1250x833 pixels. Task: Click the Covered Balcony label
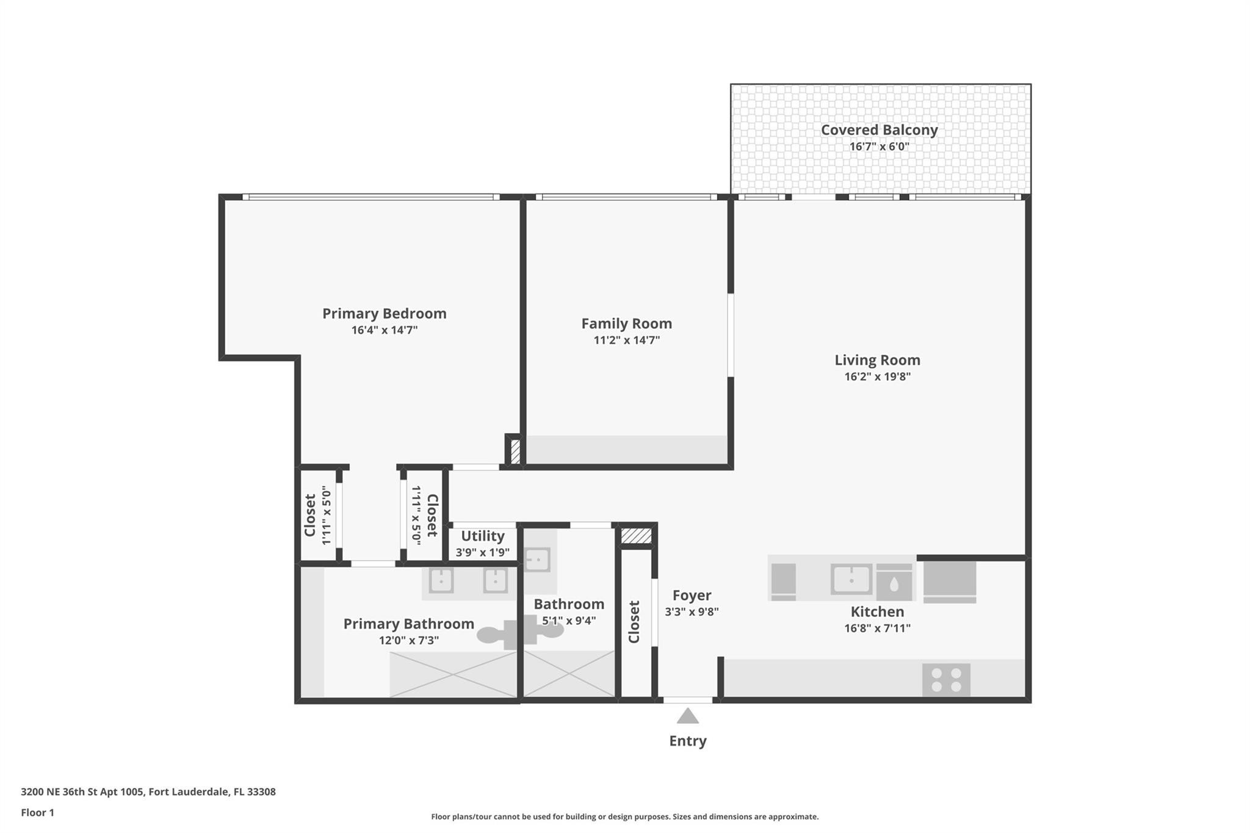click(x=879, y=130)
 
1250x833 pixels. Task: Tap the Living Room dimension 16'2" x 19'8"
click(x=877, y=377)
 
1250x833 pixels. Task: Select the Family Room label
click(x=626, y=323)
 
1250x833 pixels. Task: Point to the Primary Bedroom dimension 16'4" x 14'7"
click(x=384, y=330)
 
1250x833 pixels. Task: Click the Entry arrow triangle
click(x=688, y=716)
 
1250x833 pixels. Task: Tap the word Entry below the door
click(x=688, y=741)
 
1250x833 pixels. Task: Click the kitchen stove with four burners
click(x=945, y=680)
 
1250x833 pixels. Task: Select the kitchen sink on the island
click(x=851, y=579)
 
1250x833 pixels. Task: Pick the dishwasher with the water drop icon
click(x=894, y=583)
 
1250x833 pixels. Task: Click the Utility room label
click(x=482, y=536)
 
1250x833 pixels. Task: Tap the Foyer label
click(x=692, y=595)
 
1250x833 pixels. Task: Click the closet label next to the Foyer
click(x=634, y=622)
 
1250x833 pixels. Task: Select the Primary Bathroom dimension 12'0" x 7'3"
click(x=408, y=640)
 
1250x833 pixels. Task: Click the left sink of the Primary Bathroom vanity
click(x=441, y=580)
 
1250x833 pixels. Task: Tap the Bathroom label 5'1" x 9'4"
click(x=569, y=604)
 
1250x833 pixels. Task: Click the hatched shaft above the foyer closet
click(x=636, y=536)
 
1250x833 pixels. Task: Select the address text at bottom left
click(x=148, y=792)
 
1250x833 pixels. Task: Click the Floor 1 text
click(x=38, y=812)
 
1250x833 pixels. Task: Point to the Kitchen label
click(x=877, y=611)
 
